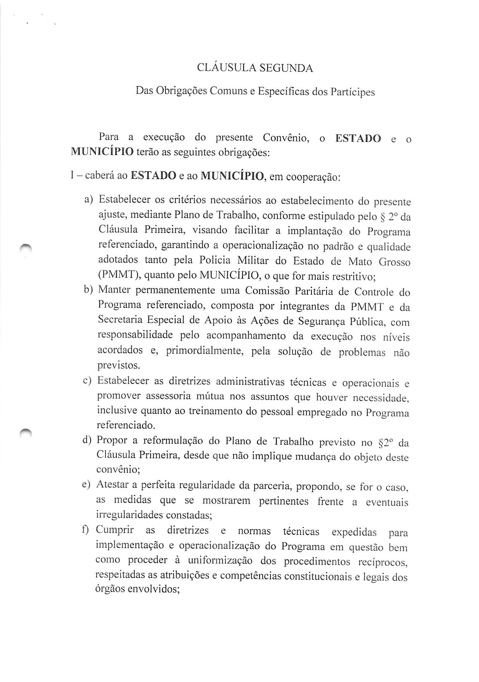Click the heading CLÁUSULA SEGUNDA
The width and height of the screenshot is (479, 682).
pyautogui.click(x=254, y=68)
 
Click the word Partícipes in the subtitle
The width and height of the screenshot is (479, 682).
pyautogui.click(x=352, y=92)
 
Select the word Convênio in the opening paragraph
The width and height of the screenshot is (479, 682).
pyautogui.click(x=285, y=138)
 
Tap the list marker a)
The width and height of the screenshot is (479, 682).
pyautogui.click(x=89, y=200)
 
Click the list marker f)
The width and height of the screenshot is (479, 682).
pyautogui.click(x=86, y=529)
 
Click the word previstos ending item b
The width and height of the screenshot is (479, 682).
pyautogui.click(x=118, y=365)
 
